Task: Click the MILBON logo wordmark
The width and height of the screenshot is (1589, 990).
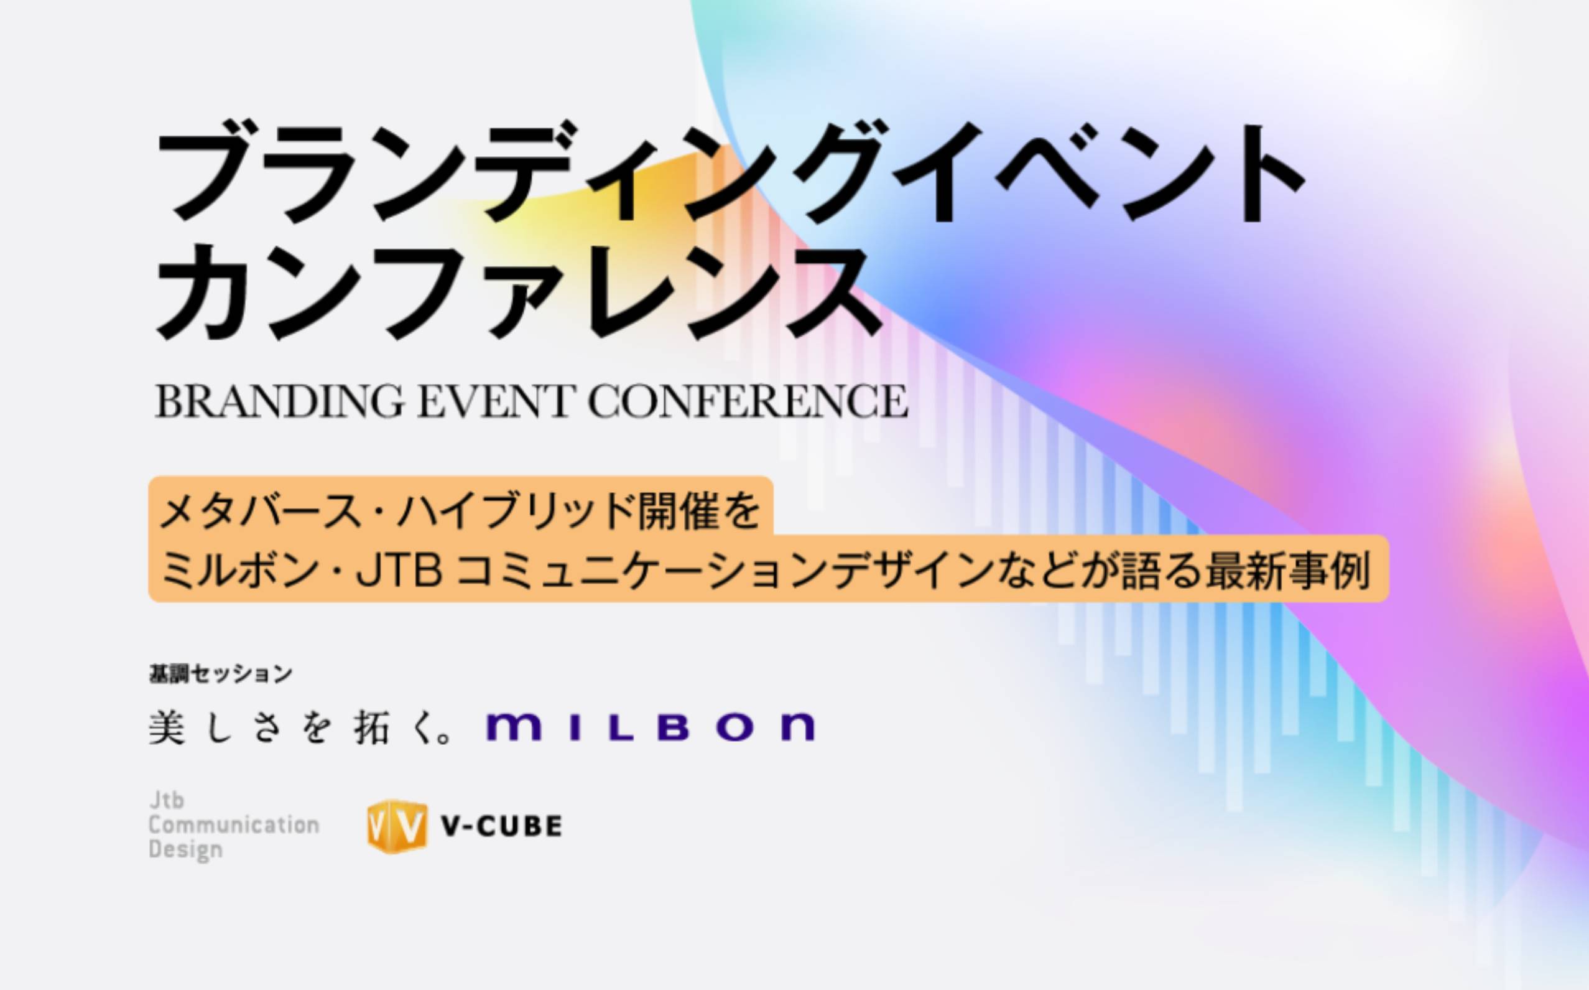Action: [x=651, y=727]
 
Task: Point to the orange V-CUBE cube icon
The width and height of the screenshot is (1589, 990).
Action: [x=397, y=827]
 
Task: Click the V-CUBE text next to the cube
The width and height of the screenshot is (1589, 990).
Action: [x=502, y=826]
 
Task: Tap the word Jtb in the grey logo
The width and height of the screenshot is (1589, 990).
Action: [x=166, y=800]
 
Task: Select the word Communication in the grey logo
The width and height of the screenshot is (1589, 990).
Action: [x=234, y=825]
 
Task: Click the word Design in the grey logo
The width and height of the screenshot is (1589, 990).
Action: [x=186, y=850]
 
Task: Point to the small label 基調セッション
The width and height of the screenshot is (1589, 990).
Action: [x=221, y=674]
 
